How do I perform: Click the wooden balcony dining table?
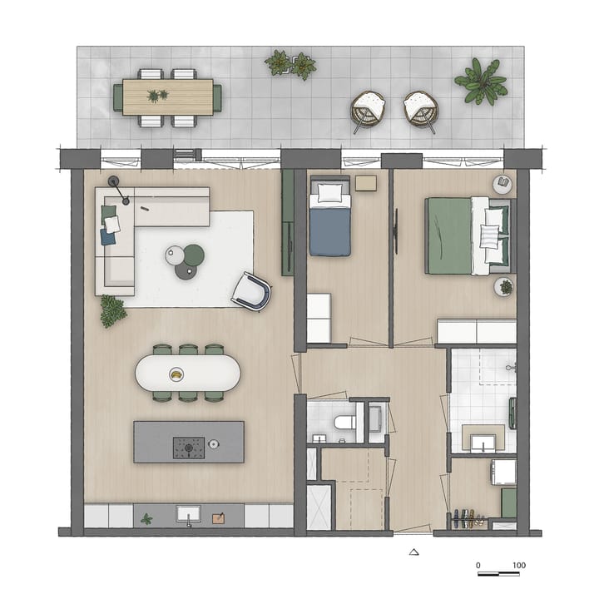point(167,97)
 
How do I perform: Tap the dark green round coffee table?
point(194,255)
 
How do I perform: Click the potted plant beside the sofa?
point(113,311)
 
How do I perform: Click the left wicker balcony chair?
point(368,110)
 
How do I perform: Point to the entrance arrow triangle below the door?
point(414,551)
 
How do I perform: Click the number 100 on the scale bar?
point(519,566)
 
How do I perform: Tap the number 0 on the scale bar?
point(478,566)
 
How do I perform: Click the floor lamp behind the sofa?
point(115,181)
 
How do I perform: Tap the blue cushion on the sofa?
point(108,237)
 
